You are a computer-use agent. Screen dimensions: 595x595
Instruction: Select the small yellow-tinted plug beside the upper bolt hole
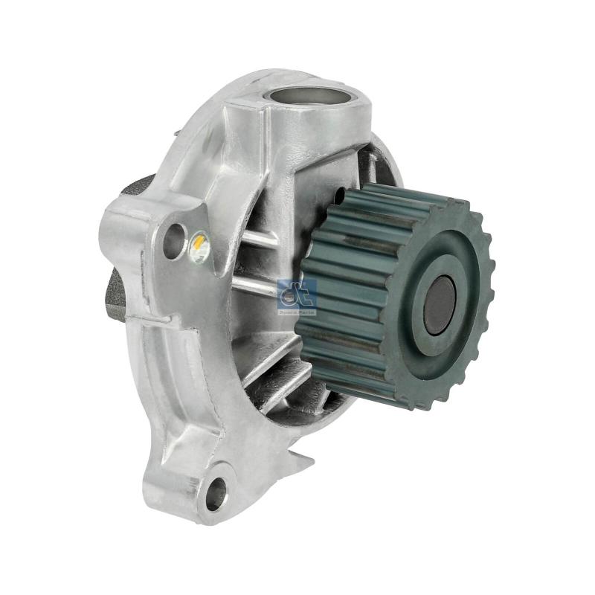coord(199,248)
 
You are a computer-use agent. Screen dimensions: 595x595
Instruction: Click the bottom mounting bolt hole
coord(216,492)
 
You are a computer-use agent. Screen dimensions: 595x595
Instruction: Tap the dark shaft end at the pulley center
coord(439,304)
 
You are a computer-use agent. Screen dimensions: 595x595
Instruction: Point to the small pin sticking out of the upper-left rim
coord(176,133)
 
